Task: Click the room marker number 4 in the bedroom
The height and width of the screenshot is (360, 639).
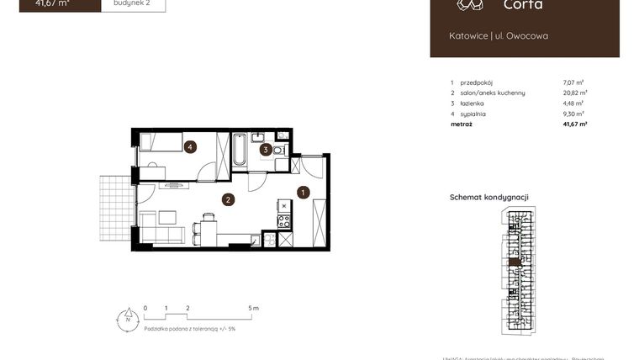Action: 191,147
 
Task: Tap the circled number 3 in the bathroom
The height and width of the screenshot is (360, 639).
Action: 265,150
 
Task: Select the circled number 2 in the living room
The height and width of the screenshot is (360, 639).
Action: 227,199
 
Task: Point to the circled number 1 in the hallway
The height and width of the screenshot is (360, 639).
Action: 304,192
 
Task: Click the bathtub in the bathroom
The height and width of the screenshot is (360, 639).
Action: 240,151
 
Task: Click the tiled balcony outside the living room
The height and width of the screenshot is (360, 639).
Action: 116,207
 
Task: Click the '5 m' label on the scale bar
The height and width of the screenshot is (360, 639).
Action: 254,309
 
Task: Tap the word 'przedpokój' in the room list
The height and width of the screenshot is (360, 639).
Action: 476,82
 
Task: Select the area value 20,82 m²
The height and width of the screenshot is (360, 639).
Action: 574,93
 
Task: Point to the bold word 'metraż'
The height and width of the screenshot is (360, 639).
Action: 461,124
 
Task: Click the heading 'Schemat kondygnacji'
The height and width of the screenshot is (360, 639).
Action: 489,198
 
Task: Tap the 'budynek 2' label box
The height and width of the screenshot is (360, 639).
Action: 133,3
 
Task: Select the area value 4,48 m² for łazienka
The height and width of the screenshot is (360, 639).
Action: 573,103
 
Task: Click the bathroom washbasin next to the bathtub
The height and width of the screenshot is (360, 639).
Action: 258,136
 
